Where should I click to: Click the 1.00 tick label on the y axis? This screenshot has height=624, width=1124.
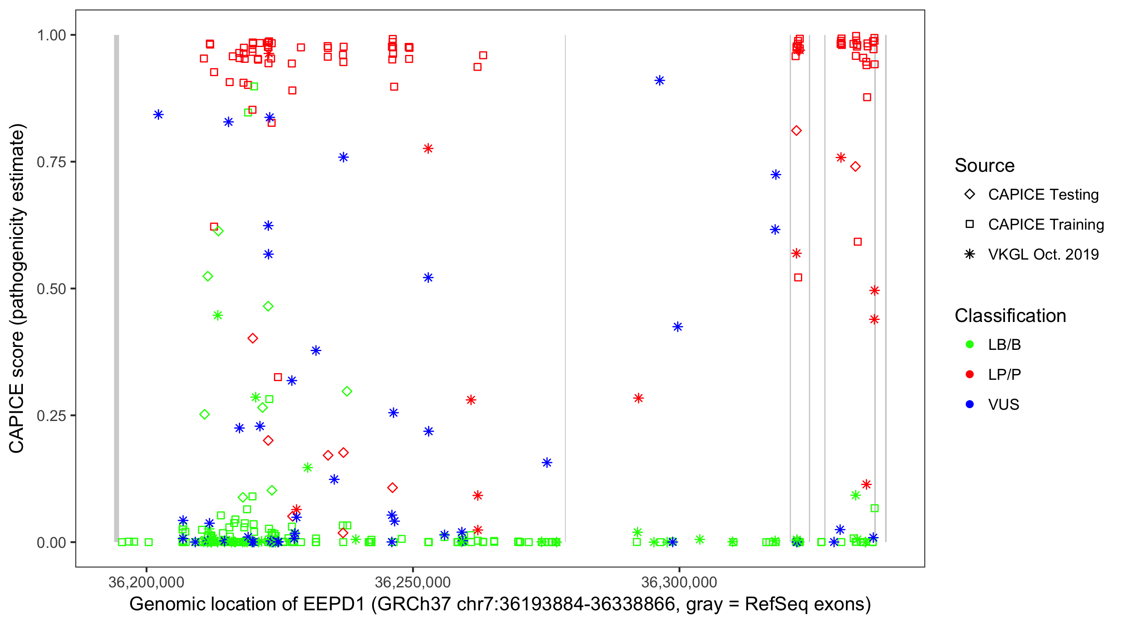(51, 35)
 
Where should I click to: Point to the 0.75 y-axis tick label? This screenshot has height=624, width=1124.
(51, 162)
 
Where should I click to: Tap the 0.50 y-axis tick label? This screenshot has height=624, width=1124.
(51, 289)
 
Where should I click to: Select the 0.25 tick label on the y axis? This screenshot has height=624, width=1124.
(51, 416)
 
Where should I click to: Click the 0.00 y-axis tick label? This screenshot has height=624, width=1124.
(51, 542)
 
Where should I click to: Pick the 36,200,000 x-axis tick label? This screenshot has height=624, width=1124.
(146, 582)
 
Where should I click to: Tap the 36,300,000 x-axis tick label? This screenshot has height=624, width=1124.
(679, 582)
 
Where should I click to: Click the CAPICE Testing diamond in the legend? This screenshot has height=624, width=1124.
(970, 195)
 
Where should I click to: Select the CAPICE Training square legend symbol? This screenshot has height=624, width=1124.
(970, 225)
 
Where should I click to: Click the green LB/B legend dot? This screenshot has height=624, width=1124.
(970, 344)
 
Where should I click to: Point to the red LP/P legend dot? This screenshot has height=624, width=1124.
(970, 374)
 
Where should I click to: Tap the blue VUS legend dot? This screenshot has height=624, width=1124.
(970, 404)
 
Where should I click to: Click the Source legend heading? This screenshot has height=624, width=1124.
(985, 166)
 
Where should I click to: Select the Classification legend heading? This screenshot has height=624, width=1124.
(1010, 316)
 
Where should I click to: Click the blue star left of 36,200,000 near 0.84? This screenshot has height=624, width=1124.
(158, 115)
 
